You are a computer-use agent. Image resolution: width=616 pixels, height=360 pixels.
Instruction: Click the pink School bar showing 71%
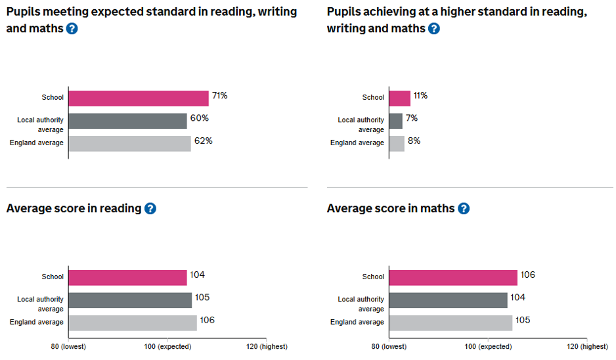[x=138, y=98]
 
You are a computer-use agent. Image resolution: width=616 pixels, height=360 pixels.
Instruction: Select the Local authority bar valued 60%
[x=127, y=121]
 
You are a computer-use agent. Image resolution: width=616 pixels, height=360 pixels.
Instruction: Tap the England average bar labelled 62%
[x=129, y=143]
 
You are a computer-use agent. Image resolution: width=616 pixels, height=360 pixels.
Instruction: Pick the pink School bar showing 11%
[x=399, y=98]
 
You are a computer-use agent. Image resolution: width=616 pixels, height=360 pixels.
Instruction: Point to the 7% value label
[x=412, y=118]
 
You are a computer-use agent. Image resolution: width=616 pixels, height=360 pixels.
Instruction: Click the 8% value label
[x=414, y=141]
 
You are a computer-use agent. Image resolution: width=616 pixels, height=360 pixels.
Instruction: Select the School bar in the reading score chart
[x=127, y=277]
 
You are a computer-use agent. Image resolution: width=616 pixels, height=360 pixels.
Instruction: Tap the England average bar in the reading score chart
[x=132, y=323]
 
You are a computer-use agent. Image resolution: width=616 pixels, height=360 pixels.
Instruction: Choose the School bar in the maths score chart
[x=452, y=277]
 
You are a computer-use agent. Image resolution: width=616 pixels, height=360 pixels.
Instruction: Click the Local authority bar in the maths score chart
[x=448, y=300]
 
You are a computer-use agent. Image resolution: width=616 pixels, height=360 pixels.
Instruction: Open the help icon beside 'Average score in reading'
[x=150, y=209]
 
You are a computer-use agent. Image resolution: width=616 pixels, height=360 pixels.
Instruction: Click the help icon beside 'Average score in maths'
[x=464, y=209]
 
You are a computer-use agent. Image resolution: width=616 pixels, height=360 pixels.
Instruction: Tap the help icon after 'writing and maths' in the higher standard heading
[x=433, y=29]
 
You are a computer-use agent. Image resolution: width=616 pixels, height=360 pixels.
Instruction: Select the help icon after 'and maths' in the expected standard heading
[x=72, y=29]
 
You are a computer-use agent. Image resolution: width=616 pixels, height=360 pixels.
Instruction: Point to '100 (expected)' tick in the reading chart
[x=167, y=346]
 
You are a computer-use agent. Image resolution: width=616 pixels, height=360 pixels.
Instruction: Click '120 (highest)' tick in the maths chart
[x=586, y=346]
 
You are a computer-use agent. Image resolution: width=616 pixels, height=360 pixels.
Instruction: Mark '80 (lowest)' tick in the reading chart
[x=68, y=346]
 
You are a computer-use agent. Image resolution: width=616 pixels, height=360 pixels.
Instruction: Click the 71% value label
[x=219, y=96]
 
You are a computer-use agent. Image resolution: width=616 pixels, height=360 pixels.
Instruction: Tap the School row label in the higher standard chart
[x=373, y=97]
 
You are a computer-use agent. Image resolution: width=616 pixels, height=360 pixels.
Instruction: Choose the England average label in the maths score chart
[x=357, y=322]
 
